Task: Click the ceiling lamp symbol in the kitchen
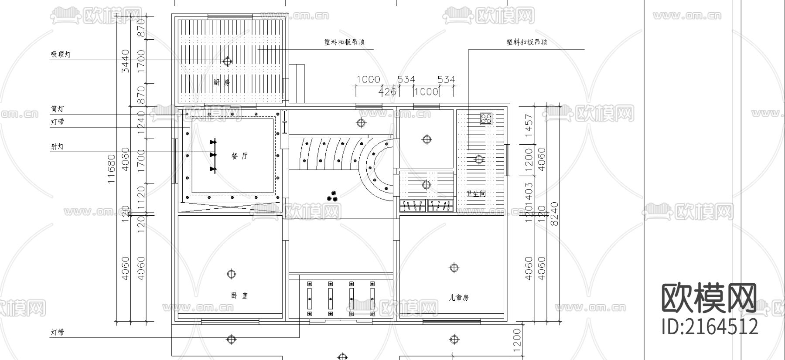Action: click(227, 61)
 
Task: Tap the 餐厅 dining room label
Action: click(239, 156)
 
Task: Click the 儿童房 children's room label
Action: click(458, 298)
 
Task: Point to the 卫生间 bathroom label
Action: click(476, 194)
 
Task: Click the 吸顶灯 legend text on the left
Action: click(61, 54)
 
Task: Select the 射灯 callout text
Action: click(57, 146)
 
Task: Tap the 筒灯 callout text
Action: click(57, 109)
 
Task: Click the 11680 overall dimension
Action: click(112, 169)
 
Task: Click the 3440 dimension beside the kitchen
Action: click(126, 61)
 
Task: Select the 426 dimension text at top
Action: click(387, 92)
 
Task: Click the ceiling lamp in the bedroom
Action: click(231, 274)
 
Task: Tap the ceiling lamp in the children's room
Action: click(454, 268)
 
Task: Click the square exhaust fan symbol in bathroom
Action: click(486, 118)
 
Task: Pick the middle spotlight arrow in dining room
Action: click(213, 155)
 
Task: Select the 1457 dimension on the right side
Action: click(529, 126)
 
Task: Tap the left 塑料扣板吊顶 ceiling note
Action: click(344, 42)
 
